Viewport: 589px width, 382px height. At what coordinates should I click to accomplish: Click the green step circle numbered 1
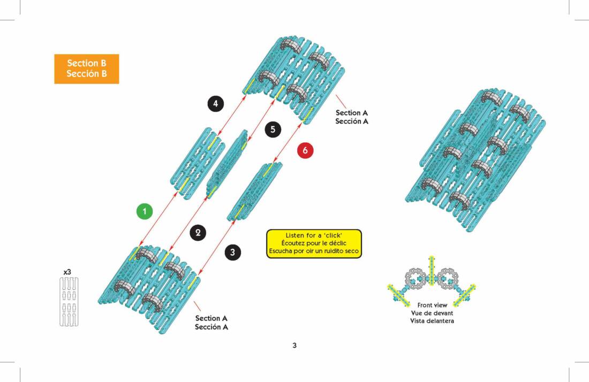pos(144,211)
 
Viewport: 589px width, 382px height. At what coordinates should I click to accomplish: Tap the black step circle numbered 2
pos(198,232)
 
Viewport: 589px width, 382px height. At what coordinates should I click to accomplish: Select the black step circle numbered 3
pos(232,253)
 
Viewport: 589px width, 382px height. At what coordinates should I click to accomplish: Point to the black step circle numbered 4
pos(215,104)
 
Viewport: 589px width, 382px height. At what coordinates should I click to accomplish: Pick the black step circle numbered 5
pos(273,129)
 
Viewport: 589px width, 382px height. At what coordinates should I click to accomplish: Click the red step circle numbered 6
pos(305,151)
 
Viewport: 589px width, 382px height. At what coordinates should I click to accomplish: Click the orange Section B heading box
pos(86,68)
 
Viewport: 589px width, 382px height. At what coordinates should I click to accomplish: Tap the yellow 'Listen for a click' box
pos(314,243)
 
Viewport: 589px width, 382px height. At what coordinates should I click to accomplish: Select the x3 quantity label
pos(67,272)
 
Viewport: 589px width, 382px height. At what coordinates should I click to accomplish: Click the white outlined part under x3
pos(68,302)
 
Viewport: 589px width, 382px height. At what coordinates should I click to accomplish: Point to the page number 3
pos(294,345)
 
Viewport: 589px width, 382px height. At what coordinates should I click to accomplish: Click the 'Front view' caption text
pos(432,305)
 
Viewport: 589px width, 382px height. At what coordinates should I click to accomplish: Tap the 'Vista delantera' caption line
pos(432,321)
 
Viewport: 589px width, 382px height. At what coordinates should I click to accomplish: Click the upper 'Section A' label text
pos(351,113)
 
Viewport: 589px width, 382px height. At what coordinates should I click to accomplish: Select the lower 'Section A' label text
pos(211,318)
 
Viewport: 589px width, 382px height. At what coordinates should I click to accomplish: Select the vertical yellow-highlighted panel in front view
pos(432,270)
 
